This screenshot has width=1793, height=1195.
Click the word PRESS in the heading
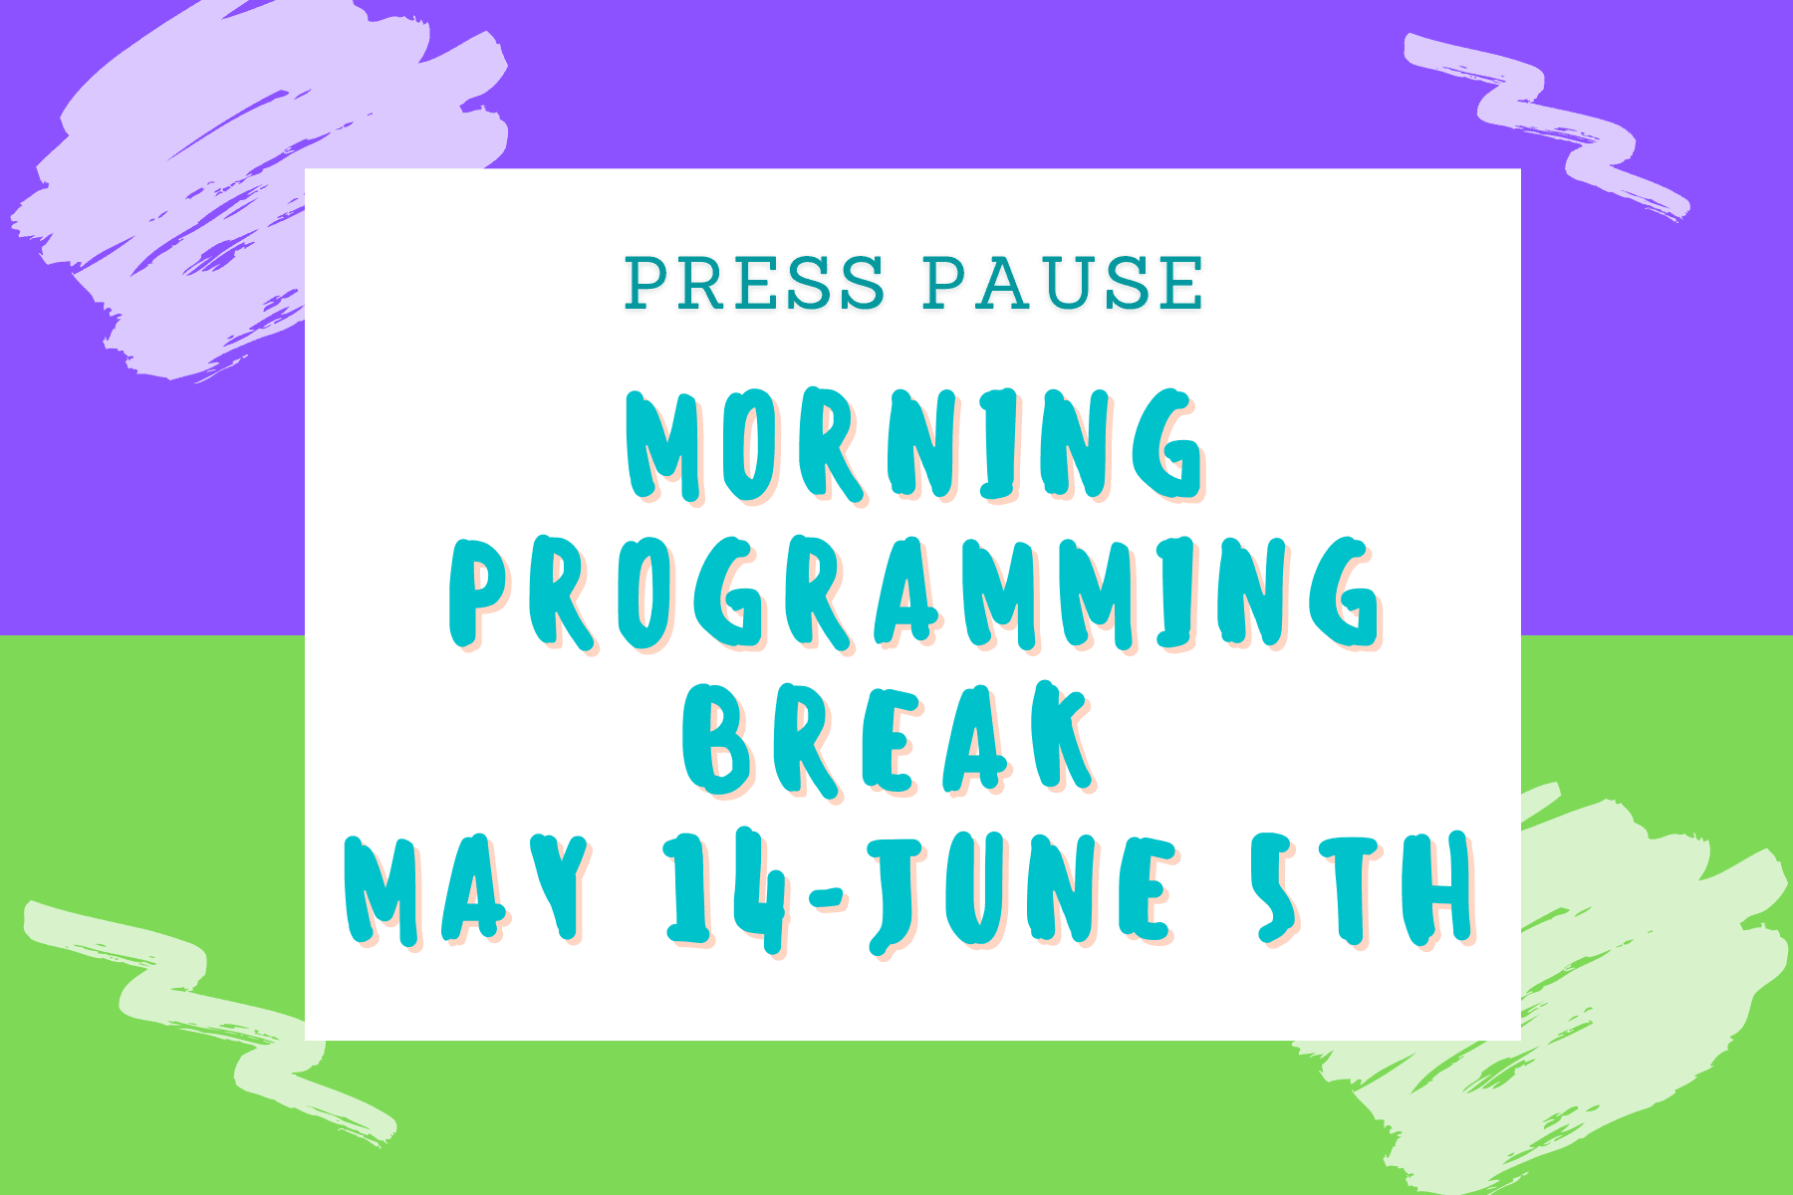point(754,283)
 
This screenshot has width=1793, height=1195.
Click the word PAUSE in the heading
point(1063,283)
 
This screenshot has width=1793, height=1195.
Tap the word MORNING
point(914,444)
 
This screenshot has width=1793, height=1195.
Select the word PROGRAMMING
point(914,595)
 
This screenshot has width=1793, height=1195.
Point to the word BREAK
point(890,739)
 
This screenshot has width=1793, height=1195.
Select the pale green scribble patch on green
point(1554,986)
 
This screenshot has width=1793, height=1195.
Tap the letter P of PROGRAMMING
point(487,595)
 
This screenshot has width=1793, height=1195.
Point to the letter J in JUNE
point(897,893)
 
